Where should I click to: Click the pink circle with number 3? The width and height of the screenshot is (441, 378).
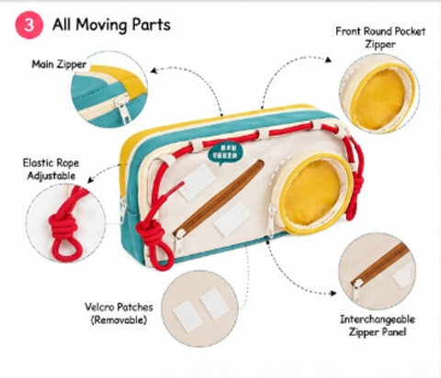(x=29, y=25)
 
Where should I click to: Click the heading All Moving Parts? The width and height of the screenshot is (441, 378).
(x=111, y=25)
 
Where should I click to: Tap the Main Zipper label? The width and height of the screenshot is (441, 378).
(x=59, y=64)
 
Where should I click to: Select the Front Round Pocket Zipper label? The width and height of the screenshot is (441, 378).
(x=380, y=38)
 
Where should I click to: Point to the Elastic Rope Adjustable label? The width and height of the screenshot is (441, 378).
(x=51, y=169)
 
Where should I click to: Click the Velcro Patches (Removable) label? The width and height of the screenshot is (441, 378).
(x=119, y=314)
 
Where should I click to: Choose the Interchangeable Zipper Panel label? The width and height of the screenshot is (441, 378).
(x=378, y=326)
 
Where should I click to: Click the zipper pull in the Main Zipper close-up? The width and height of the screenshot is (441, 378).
(x=124, y=111)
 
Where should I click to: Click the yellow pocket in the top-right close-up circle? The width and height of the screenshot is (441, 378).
(x=381, y=98)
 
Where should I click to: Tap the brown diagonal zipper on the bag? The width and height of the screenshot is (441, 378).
(x=219, y=199)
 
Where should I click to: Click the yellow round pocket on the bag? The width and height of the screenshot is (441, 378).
(x=313, y=193)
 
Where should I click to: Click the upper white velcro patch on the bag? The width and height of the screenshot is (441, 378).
(x=197, y=182)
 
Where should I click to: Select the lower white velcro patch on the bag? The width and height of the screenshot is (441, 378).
(x=232, y=218)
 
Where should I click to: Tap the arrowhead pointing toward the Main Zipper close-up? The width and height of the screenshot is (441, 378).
(x=154, y=71)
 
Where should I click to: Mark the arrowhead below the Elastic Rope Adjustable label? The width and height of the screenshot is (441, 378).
(x=91, y=180)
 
